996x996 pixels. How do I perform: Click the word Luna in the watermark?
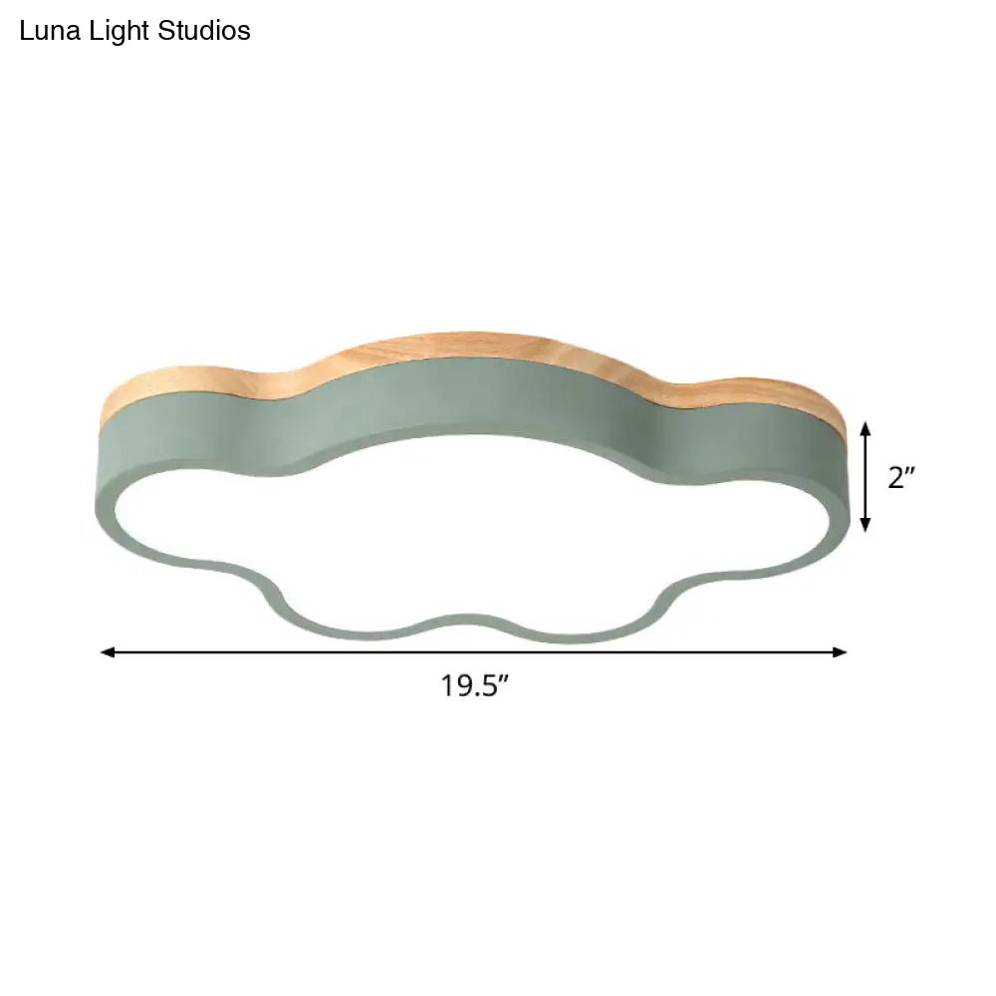(46, 32)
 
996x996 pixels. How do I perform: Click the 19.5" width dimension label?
(476, 685)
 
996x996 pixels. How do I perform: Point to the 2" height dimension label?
(901, 478)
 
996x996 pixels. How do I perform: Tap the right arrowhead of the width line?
(841, 652)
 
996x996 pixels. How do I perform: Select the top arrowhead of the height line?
(866, 428)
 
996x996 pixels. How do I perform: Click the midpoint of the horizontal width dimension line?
(474, 652)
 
